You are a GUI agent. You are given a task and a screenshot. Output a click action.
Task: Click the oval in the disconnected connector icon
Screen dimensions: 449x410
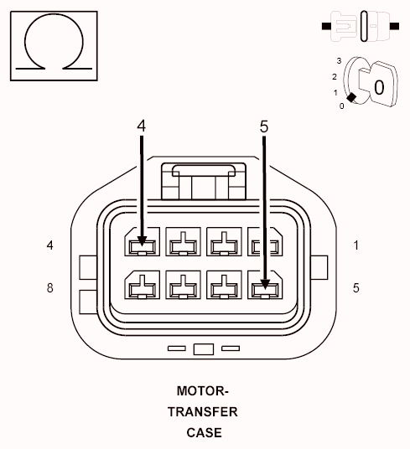click(364, 25)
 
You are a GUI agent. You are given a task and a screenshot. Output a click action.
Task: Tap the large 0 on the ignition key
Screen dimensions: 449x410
click(379, 86)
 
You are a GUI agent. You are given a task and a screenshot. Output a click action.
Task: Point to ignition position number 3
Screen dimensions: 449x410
click(338, 61)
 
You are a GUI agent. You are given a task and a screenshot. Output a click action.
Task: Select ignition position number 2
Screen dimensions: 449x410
click(334, 77)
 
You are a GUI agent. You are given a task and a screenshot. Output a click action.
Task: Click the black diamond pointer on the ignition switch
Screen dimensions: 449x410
click(350, 98)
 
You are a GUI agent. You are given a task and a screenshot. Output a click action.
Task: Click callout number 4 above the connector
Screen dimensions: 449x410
click(142, 126)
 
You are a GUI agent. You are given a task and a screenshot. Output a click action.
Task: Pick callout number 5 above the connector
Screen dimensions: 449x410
click(264, 126)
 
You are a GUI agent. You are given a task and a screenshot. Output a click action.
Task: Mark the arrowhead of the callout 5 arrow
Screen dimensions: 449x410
click(264, 287)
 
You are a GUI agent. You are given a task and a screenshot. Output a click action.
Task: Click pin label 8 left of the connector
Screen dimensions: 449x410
click(50, 288)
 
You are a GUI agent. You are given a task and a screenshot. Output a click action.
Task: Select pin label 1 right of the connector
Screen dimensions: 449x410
click(356, 245)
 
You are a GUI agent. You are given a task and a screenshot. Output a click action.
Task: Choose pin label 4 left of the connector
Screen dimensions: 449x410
click(50, 245)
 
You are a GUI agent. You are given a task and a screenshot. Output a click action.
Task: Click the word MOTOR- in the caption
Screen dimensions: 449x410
click(202, 391)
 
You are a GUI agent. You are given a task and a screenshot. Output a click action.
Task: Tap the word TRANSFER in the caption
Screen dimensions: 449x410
click(202, 412)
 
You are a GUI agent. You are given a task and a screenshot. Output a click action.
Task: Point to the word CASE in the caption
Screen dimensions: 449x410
click(204, 432)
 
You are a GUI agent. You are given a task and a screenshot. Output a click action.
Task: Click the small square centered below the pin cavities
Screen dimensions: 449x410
click(203, 348)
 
